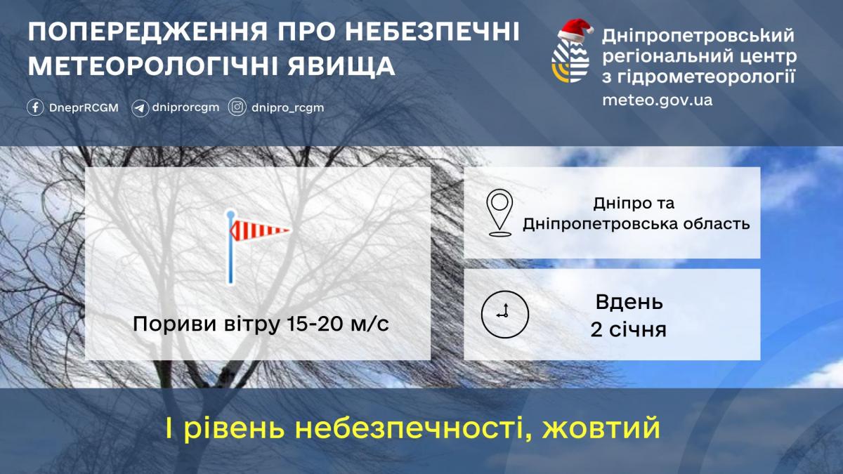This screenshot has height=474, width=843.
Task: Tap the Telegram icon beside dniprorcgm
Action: click(140, 108)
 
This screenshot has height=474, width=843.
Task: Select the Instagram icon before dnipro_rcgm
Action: click(238, 108)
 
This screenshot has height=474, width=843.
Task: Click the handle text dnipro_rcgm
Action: click(288, 108)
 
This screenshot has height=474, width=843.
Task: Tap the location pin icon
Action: click(499, 212)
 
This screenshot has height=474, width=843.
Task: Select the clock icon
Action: click(504, 313)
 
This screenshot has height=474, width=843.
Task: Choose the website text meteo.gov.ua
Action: click(657, 100)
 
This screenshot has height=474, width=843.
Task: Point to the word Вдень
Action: click(629, 303)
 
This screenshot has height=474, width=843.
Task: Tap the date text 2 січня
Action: click(628, 329)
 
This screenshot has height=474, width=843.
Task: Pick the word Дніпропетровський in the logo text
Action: click(698, 34)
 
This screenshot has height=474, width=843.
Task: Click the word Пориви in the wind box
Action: click(164, 325)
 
